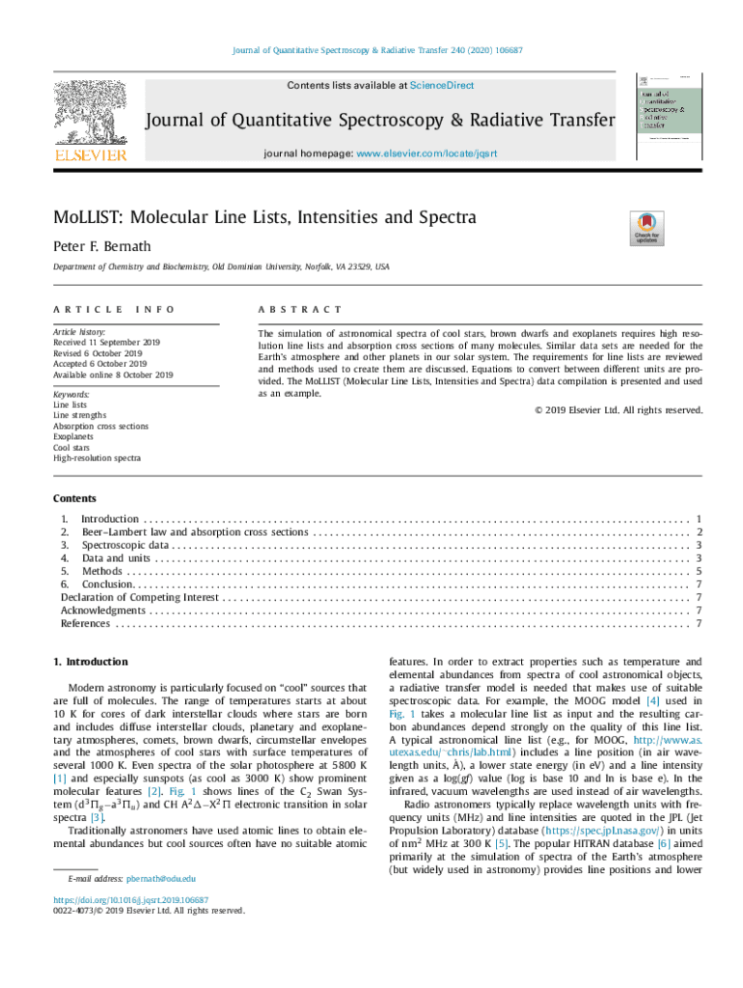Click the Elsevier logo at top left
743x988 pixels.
tap(90, 121)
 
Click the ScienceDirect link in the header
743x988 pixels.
tap(442, 86)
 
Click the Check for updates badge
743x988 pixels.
tap(646, 228)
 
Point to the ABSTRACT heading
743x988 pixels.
tap(299, 310)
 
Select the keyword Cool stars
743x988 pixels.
tap(73, 447)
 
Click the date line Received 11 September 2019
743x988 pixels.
tap(107, 343)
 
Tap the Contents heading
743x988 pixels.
tap(75, 499)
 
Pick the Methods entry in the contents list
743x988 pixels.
tap(101, 571)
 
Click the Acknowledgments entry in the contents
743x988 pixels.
tap(103, 611)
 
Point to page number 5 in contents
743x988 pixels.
tap(697, 571)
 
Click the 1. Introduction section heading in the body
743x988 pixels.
tap(91, 662)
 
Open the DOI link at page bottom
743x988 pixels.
tap(131, 899)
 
